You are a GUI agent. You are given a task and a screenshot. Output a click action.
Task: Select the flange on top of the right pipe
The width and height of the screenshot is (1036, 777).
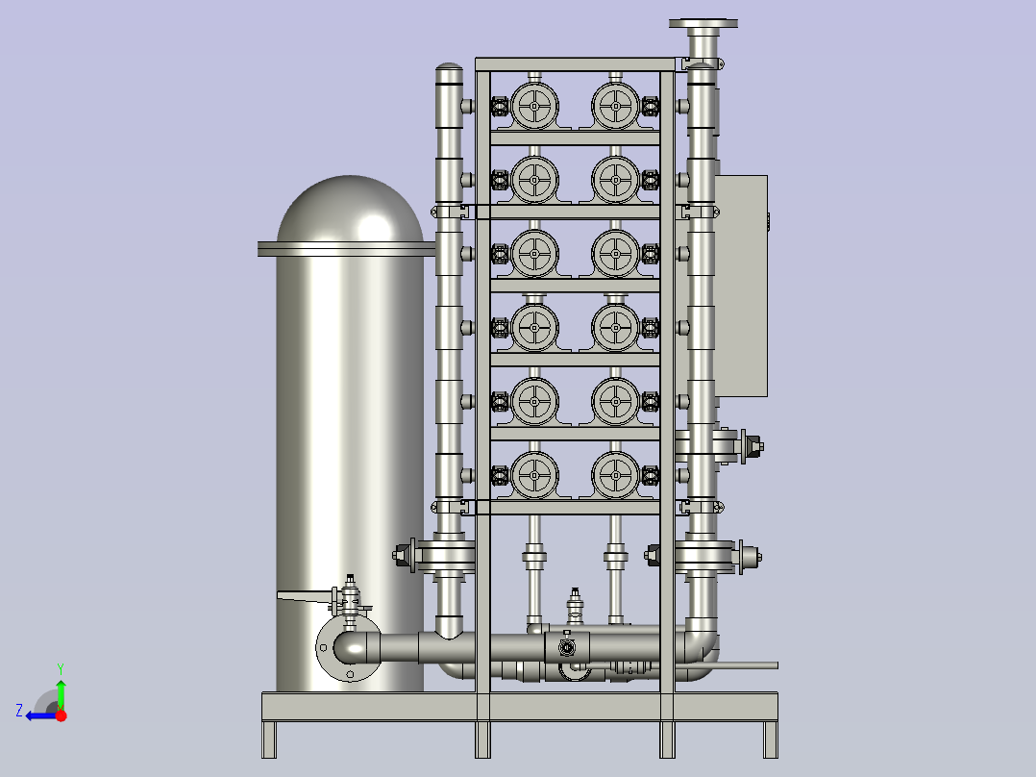click(703, 24)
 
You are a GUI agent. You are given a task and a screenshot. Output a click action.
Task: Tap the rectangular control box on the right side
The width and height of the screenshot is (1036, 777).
click(741, 286)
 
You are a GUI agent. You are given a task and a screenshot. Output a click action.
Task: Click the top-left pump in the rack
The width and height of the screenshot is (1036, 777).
click(534, 106)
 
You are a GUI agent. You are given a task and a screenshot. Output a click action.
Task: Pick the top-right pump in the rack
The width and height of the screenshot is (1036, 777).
click(615, 106)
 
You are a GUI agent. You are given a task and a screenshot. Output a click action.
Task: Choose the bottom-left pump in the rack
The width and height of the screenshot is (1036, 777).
click(534, 475)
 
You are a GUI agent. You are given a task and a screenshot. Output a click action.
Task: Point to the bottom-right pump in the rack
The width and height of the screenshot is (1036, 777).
click(615, 475)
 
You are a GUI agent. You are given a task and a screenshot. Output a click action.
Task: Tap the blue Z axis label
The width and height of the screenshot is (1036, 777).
click(19, 711)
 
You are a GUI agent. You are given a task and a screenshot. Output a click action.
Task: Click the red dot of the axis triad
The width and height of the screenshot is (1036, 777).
click(61, 715)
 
